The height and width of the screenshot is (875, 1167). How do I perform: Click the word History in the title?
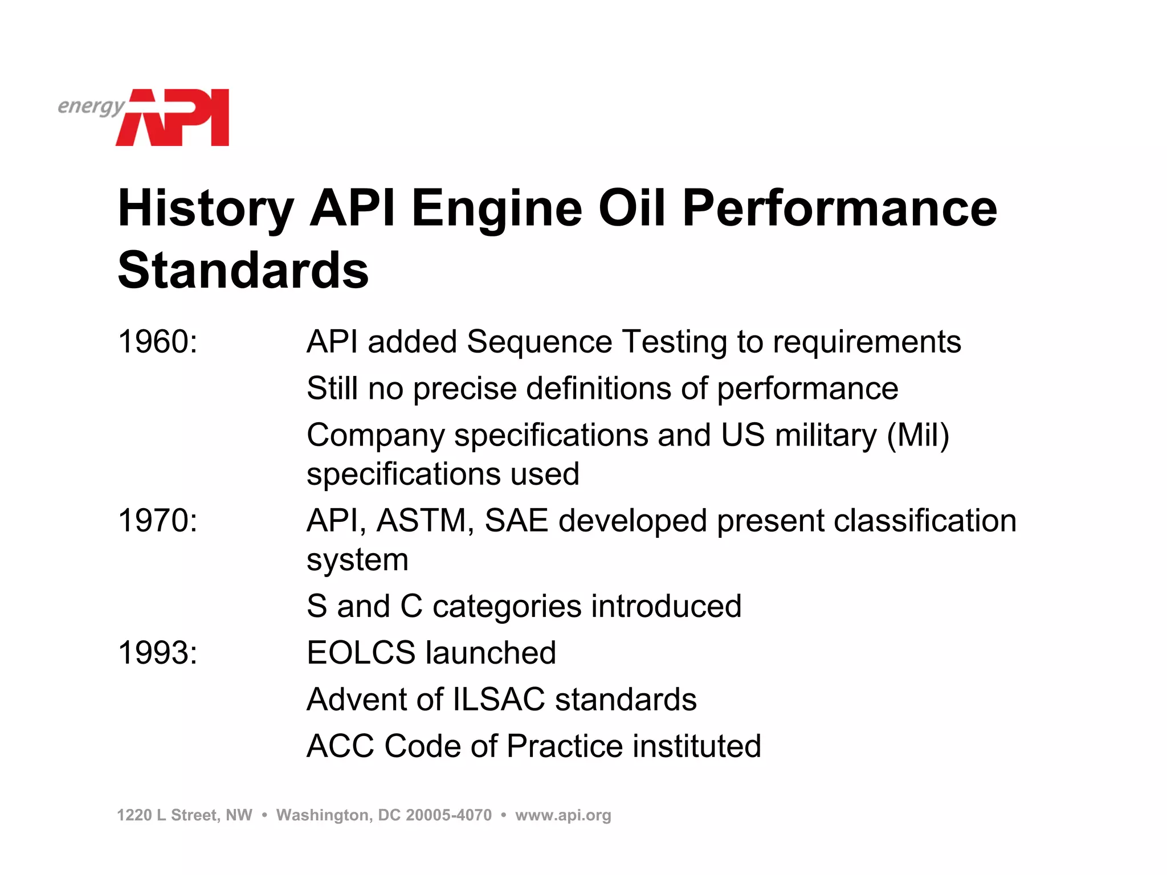point(206,209)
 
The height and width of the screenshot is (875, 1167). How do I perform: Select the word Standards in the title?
point(243,270)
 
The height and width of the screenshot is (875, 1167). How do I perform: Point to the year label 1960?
point(158,342)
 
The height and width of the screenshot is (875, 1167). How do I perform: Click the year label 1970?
point(158,521)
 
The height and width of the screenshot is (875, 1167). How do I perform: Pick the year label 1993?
point(158,653)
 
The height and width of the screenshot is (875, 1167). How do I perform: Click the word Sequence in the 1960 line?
point(539,342)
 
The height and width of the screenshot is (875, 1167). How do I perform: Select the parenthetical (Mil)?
point(917,436)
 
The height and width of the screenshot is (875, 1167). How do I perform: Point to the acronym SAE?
point(516,521)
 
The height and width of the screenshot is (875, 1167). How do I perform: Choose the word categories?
point(507,606)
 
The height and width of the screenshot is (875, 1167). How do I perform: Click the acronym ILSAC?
point(499,700)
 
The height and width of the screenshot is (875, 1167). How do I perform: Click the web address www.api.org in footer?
point(563,815)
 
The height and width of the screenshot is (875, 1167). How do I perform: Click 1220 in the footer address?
point(134,815)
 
